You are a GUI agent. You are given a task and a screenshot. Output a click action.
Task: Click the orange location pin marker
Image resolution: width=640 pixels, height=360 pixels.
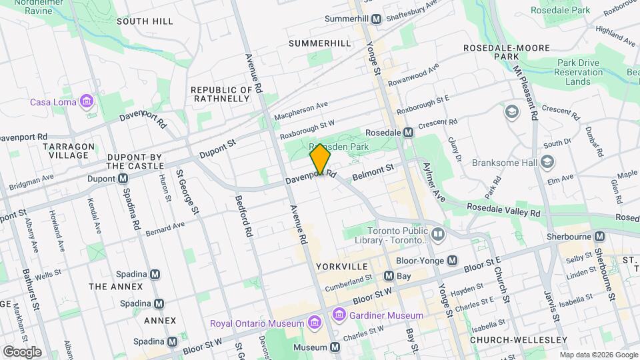pyautogui.click(x=320, y=159)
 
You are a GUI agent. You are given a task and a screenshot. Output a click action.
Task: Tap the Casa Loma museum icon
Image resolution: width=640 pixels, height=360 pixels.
pyautogui.click(x=85, y=102)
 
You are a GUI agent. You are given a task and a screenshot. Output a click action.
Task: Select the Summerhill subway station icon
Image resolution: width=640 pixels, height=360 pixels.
pyautogui.click(x=376, y=19)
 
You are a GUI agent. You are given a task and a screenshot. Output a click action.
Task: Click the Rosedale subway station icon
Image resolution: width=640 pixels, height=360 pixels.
pyautogui.click(x=408, y=133)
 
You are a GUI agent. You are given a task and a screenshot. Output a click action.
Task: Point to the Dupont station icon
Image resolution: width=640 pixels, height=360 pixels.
pyautogui.click(x=123, y=179)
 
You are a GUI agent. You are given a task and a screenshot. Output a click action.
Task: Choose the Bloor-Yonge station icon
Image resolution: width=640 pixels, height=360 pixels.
pyautogui.click(x=453, y=260)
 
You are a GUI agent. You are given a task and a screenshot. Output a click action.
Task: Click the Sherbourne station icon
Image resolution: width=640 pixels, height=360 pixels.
pyautogui.click(x=599, y=237)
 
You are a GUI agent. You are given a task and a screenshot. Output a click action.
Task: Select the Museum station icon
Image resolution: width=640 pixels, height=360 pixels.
pyautogui.click(x=334, y=347)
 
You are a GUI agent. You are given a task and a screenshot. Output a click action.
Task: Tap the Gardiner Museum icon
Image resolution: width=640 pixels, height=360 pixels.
pyautogui.click(x=339, y=315)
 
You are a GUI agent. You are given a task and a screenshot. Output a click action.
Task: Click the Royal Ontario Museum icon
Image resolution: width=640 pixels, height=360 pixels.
pyautogui.click(x=314, y=323)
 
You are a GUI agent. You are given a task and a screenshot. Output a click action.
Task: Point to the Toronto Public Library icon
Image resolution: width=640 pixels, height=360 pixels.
pyautogui.click(x=437, y=234)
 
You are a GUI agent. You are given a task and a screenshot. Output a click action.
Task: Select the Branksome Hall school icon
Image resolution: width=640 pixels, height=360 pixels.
pyautogui.click(x=547, y=162)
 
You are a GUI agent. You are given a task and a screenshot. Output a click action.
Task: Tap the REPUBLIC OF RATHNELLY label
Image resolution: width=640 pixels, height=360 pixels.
pyautogui.click(x=221, y=94)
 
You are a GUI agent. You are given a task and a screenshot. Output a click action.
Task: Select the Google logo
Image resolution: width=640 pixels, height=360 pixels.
pyautogui.click(x=22, y=351)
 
